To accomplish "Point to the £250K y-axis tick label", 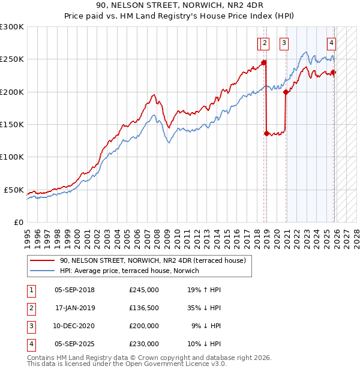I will pyautogui.click(x=12, y=59).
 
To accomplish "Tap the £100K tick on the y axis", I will pyautogui.click(x=12, y=157).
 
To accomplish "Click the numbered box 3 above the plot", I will pyautogui.click(x=283, y=43).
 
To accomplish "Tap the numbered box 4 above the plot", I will pyautogui.click(x=331, y=43).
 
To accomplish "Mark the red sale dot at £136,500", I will pyautogui.click(x=266, y=133).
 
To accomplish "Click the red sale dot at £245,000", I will pyautogui.click(x=263, y=62).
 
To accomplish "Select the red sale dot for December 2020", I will pyautogui.click(x=286, y=92).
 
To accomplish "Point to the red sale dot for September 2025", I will pyautogui.click(x=334, y=73).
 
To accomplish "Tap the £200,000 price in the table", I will pyautogui.click(x=144, y=326).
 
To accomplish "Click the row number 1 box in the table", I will pyautogui.click(x=30, y=289).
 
